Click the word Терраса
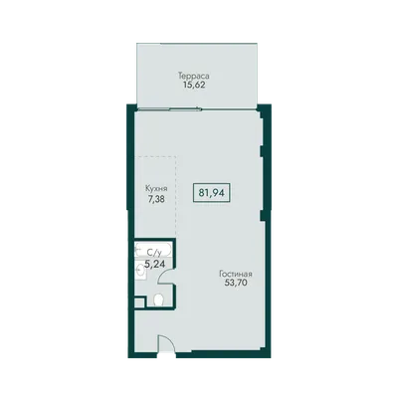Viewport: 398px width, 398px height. click(194, 76)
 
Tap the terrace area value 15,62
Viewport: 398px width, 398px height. click(194, 85)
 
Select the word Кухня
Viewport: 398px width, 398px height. click(156, 189)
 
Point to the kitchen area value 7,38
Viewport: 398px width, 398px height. click(156, 199)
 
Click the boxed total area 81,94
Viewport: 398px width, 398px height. click(211, 192)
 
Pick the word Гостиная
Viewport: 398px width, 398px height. click(236, 275)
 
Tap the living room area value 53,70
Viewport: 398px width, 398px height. click(236, 283)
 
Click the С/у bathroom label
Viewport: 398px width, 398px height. click(154, 254)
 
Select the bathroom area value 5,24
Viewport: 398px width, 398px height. click(155, 264)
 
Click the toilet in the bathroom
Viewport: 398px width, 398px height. click(159, 299)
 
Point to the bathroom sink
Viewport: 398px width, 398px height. click(140, 273)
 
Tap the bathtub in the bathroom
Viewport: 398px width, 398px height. click(153, 250)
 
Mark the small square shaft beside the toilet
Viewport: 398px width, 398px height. click(139, 302)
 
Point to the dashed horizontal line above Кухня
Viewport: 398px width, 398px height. click(157, 156)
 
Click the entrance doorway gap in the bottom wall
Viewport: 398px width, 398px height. click(166, 355)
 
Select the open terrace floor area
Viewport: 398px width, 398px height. click(197, 76)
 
